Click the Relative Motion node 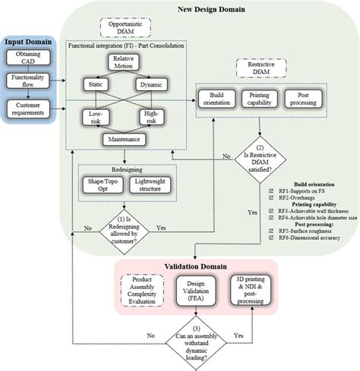pos(123,62)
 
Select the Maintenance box pos(123,139)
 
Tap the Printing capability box pos(262,99)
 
